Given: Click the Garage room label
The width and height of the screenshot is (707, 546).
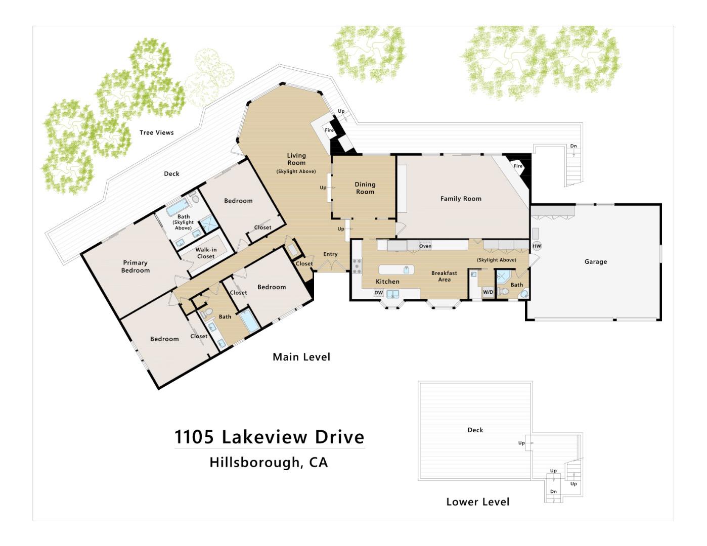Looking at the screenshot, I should [x=595, y=261].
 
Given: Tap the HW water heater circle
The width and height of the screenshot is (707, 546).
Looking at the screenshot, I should [x=537, y=246].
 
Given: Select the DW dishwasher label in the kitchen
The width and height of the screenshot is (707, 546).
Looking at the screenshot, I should [x=378, y=293].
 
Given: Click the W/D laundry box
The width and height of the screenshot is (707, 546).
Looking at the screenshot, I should [x=488, y=292].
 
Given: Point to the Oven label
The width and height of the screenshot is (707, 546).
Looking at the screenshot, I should [x=425, y=246].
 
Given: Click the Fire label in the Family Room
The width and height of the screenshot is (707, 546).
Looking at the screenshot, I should [x=518, y=166].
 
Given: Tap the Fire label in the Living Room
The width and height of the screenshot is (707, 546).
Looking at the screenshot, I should [x=329, y=130].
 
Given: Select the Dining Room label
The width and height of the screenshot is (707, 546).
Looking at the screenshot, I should [x=365, y=188].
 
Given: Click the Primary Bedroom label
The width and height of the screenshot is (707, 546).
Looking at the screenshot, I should [x=135, y=266].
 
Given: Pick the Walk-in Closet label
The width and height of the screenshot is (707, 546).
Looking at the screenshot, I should [x=206, y=253].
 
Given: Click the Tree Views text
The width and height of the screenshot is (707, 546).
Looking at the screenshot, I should [x=156, y=132].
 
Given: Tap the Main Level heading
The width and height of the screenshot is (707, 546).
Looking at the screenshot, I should [x=301, y=357].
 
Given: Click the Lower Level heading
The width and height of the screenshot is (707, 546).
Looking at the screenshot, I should [x=477, y=502].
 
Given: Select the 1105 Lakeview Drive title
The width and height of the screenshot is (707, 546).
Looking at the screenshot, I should [x=269, y=437].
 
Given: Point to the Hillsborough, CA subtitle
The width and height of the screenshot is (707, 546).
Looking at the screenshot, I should [x=269, y=462].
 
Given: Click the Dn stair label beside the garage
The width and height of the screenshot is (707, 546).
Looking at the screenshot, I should [x=573, y=146].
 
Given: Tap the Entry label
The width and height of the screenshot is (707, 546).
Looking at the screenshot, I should [x=330, y=254].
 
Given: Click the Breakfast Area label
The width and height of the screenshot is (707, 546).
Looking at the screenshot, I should [x=444, y=276].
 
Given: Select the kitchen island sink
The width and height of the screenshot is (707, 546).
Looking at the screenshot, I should [x=406, y=269].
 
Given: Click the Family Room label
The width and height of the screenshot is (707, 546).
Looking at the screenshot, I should [x=460, y=199].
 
